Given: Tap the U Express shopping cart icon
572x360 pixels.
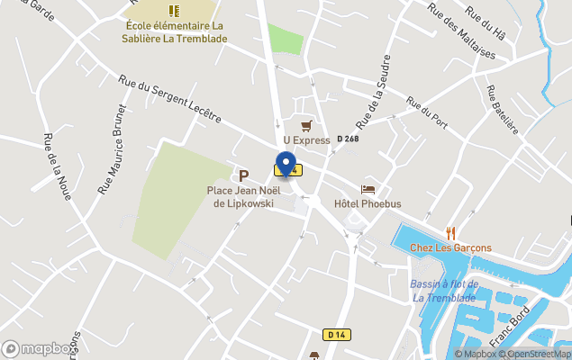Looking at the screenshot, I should [307, 126].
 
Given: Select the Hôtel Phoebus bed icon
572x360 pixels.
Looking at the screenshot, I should [368, 189].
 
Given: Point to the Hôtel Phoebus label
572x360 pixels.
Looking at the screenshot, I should [367, 203].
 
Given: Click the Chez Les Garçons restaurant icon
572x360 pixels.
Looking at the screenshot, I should [451, 233].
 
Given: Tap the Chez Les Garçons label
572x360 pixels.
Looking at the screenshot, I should [450, 247].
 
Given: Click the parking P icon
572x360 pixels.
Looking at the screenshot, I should [243, 175].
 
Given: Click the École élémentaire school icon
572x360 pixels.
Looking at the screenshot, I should [175, 11].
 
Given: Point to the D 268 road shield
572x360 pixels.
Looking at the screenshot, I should [348, 139].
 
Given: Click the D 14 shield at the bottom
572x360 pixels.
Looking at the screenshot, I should [337, 335].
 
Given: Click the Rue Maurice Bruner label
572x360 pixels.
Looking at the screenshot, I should [113, 148].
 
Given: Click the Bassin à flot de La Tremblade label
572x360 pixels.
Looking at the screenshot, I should [443, 291].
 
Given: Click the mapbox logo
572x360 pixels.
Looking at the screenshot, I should [38, 348].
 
